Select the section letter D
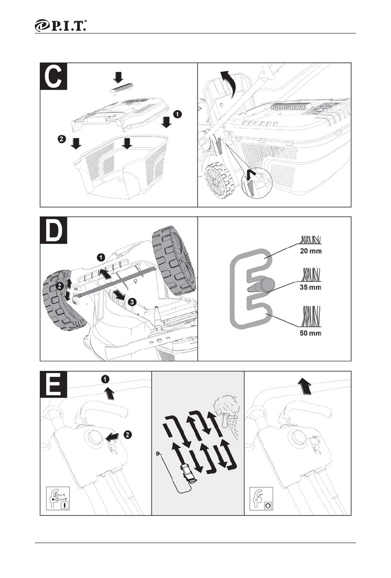[x=54, y=231]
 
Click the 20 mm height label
[x=310, y=251]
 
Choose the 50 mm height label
[x=310, y=333]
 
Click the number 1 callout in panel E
[x=106, y=378]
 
